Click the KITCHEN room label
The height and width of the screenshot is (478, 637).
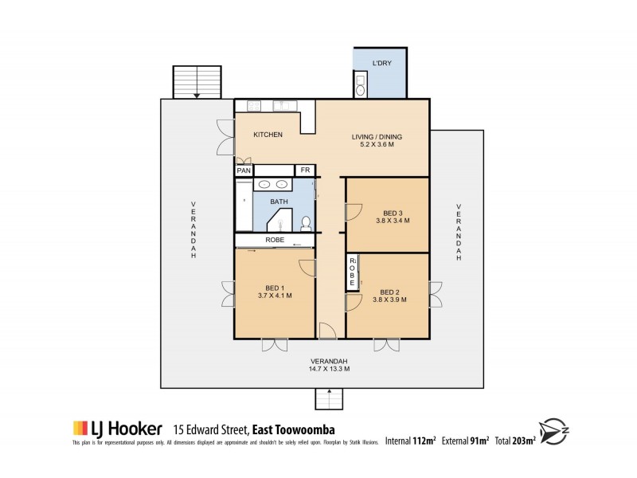(x=268, y=135)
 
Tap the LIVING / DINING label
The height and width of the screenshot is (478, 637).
(x=377, y=136)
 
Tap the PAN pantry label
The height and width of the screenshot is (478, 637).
(x=244, y=170)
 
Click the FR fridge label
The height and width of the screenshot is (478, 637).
(x=304, y=170)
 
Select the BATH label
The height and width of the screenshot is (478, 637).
(x=279, y=202)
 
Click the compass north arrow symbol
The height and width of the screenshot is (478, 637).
(x=555, y=429)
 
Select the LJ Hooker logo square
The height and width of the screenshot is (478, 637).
(x=80, y=429)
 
